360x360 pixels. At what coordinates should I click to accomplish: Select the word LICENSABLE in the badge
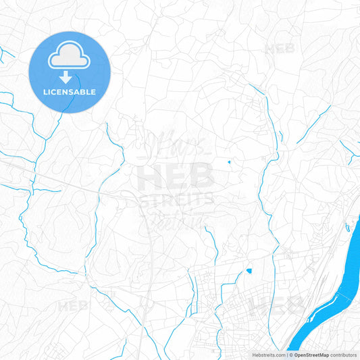69,92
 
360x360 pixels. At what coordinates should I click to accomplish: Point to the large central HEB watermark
175,178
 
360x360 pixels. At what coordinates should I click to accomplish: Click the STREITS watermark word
176,199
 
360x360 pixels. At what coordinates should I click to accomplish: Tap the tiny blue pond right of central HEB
229,162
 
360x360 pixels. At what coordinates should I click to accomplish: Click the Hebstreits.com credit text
268,354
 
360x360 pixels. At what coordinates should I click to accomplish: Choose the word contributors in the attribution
343,354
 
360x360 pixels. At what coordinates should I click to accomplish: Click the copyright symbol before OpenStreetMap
291,354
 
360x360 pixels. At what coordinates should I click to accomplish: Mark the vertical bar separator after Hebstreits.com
286,354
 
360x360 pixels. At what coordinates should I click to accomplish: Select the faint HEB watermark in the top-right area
279,49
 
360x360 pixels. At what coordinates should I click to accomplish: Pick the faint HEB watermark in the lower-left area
73,305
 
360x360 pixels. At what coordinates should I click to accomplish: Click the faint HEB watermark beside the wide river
265,305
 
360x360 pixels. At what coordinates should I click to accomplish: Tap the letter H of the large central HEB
149,178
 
